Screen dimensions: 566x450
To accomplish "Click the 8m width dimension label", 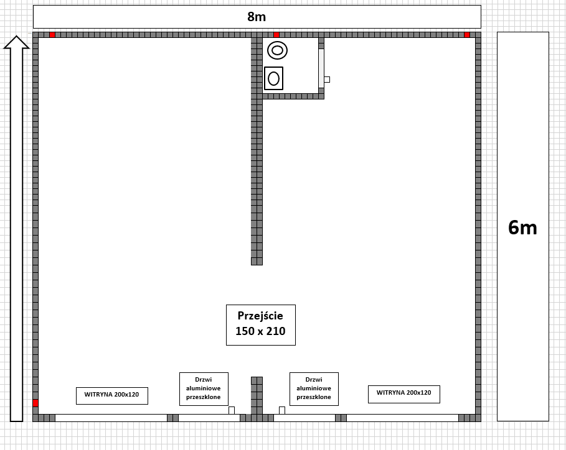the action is pos(257,17).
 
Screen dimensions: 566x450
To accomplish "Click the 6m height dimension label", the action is pos(522,227).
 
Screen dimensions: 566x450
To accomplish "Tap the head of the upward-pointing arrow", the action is pos(16,42).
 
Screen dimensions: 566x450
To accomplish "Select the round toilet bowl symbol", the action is pos(277,50).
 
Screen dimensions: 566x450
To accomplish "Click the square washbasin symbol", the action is pos(273,78).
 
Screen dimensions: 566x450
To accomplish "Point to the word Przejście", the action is pos(260,316).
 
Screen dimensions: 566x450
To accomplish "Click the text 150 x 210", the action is pos(260,331).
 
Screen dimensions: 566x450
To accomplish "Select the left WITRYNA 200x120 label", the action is pos(112,395).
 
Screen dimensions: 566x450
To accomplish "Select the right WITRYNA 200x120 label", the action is pos(404,393).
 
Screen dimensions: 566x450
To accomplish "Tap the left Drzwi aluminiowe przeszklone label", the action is pos(204,388).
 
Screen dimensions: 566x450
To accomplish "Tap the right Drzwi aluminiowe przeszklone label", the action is pos(314,388).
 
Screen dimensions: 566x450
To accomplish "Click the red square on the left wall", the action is pos(35,403).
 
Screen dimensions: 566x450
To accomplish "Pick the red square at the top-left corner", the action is pos(52,35).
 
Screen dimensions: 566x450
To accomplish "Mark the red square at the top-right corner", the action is pos(467,35).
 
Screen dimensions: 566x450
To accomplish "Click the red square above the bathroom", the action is pos(276,35).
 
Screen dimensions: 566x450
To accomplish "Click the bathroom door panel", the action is pos(321,68).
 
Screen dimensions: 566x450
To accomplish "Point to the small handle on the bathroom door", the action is pos(327,80).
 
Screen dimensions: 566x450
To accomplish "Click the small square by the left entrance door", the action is pos(232,410).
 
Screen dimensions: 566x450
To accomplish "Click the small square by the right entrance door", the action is pos(282,410).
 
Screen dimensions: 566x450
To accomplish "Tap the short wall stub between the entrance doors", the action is pos(257,395).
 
